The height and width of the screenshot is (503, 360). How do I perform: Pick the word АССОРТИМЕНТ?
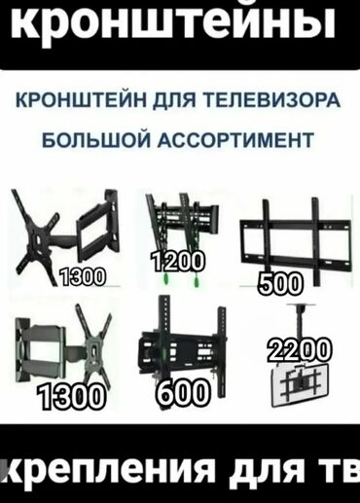pos(233,140)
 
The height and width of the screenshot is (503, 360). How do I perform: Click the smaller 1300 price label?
pos(82,280)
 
